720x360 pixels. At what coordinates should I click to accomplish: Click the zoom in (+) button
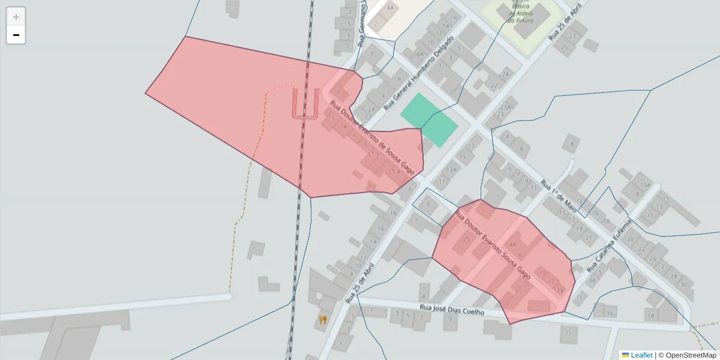16,16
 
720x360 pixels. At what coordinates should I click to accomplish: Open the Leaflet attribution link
637,355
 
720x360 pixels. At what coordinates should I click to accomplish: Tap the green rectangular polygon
429,120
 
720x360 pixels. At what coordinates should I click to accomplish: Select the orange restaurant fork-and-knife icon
323,320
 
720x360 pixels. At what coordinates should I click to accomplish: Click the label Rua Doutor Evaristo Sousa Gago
493,244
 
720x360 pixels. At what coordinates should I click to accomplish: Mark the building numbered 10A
645,185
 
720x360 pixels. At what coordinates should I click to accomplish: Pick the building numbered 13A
451,169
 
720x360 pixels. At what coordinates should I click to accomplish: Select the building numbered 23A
505,107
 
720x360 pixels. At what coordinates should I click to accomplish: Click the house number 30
683,284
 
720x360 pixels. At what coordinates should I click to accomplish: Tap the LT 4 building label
394,172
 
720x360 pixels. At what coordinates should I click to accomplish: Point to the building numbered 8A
419,53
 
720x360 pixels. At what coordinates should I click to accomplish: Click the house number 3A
592,280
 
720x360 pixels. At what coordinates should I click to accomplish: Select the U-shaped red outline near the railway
305,103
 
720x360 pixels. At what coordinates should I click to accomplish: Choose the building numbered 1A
343,127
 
